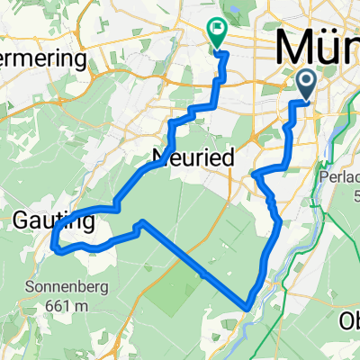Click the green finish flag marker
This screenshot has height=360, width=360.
pyautogui.click(x=218, y=32)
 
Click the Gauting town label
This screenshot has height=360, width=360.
pyautogui.click(x=42, y=218)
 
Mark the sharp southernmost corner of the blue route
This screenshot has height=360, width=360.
pyautogui.click(x=247, y=307)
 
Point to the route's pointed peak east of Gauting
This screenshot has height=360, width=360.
pyautogui.click(x=141, y=221)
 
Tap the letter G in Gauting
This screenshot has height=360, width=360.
pyautogui.click(x=22, y=218)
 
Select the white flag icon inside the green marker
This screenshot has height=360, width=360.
pyautogui.click(x=218, y=30)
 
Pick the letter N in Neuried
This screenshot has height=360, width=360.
pyautogui.click(x=169, y=157)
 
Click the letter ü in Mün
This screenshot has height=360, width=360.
pyautogui.click(x=326, y=47)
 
